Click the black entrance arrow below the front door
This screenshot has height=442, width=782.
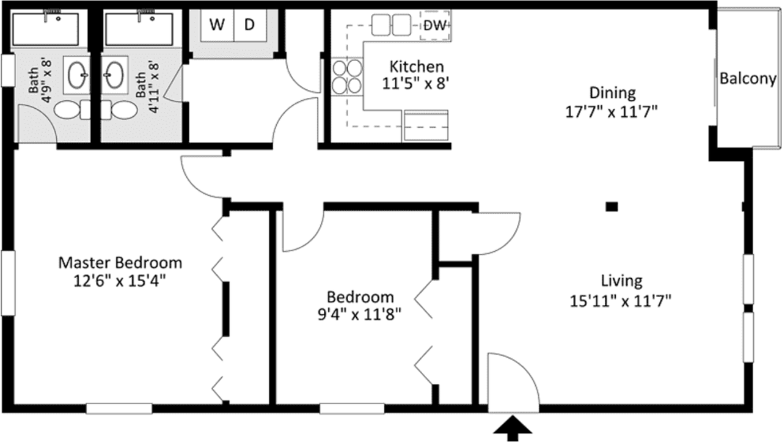(x=513, y=428)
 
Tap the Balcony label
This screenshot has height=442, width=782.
(x=748, y=79)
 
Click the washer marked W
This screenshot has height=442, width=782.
(x=216, y=26)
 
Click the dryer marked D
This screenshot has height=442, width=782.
(x=250, y=26)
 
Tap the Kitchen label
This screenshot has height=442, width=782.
(x=417, y=66)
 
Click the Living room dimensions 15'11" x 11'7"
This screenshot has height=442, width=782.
(x=621, y=300)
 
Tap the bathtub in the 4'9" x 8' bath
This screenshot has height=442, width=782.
(x=46, y=29)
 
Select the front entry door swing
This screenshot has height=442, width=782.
(x=512, y=381)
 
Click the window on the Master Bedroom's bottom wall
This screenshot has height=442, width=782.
(x=119, y=408)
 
